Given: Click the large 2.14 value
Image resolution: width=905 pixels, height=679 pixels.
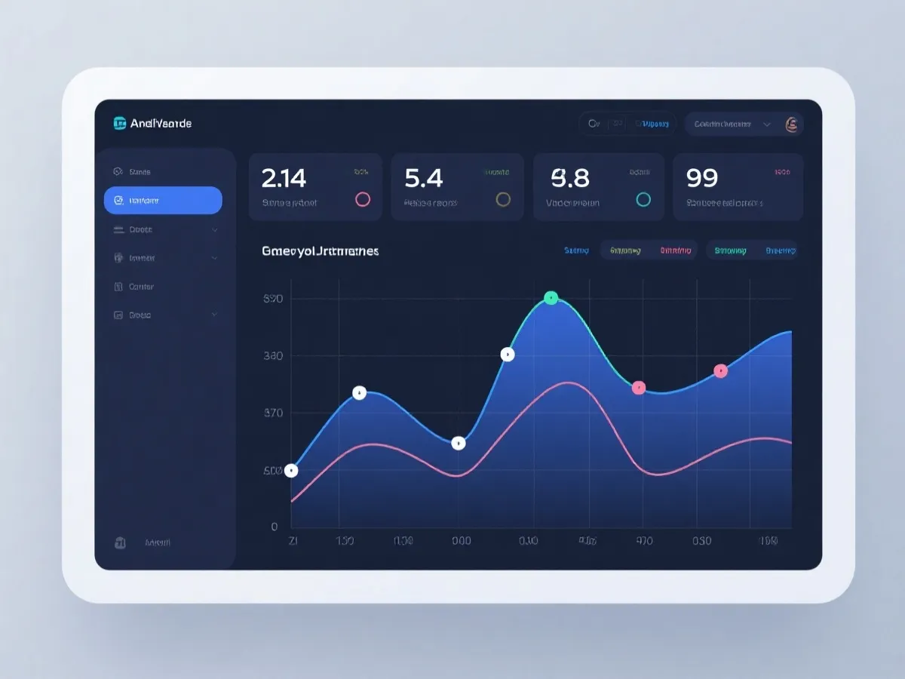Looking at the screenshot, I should coord(284,178).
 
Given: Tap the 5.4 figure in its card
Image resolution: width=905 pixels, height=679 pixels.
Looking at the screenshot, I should coord(423,178).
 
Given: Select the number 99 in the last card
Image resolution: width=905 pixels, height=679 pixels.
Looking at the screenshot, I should coord(701,178).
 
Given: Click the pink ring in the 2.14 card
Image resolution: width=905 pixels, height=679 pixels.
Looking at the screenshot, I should coord(363,199).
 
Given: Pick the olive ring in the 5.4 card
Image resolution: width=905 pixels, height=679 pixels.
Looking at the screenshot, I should coord(503,199).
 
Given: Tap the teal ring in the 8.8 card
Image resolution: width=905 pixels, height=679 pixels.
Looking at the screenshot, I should coord(643,199).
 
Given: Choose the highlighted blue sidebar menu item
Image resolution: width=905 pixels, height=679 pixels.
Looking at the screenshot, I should coord(163,201).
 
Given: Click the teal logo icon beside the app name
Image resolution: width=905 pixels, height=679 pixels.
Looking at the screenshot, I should coord(119,123).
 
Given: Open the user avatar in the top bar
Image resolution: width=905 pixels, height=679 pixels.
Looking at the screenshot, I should coord(792,124).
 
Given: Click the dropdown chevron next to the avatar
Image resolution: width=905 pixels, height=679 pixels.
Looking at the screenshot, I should coord(767,124).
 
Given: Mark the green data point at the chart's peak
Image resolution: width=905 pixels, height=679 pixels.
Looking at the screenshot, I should coord(551,298).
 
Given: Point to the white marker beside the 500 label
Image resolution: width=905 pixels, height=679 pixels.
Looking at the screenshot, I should coord(291,471).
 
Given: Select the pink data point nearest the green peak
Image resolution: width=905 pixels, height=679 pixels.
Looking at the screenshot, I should coord(639,388).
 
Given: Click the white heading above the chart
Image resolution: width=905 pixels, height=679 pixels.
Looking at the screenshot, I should coord(320,250).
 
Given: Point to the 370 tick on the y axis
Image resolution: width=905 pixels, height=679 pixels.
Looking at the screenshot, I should coord(273,413).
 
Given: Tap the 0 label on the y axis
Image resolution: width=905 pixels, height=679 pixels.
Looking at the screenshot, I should coord(275,527).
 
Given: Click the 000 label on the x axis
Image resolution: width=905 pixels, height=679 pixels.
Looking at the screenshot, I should coord(461,541).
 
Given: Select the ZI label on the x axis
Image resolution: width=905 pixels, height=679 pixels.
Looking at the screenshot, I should coord(293,541).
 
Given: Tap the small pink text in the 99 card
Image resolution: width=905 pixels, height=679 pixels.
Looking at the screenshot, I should coord(781,172).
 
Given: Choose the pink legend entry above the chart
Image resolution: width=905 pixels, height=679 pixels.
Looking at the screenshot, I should coord(675,250).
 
